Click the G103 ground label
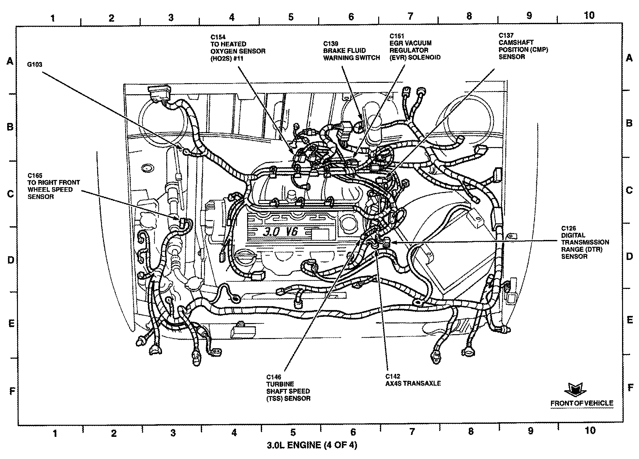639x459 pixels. pyautogui.click(x=35, y=65)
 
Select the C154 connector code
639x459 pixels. pyautogui.click(x=218, y=37)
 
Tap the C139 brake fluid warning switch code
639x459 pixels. pyautogui.click(x=331, y=44)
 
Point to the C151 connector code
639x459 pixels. pyautogui.click(x=397, y=36)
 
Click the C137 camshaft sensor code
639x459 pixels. pyautogui.click(x=506, y=35)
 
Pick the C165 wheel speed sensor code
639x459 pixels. pyautogui.click(x=35, y=176)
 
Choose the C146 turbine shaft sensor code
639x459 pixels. pyautogui.click(x=274, y=377)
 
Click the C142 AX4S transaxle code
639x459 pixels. pyautogui.click(x=393, y=376)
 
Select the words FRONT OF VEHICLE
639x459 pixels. pyautogui.click(x=582, y=403)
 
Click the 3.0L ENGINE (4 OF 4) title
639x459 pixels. pyautogui.click(x=312, y=445)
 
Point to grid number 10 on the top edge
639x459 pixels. pyautogui.click(x=589, y=15)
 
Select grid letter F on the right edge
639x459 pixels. pyautogui.click(x=630, y=388)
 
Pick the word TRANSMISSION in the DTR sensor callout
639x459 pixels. pyautogui.click(x=585, y=242)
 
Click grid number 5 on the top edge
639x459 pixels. pyautogui.click(x=291, y=17)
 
